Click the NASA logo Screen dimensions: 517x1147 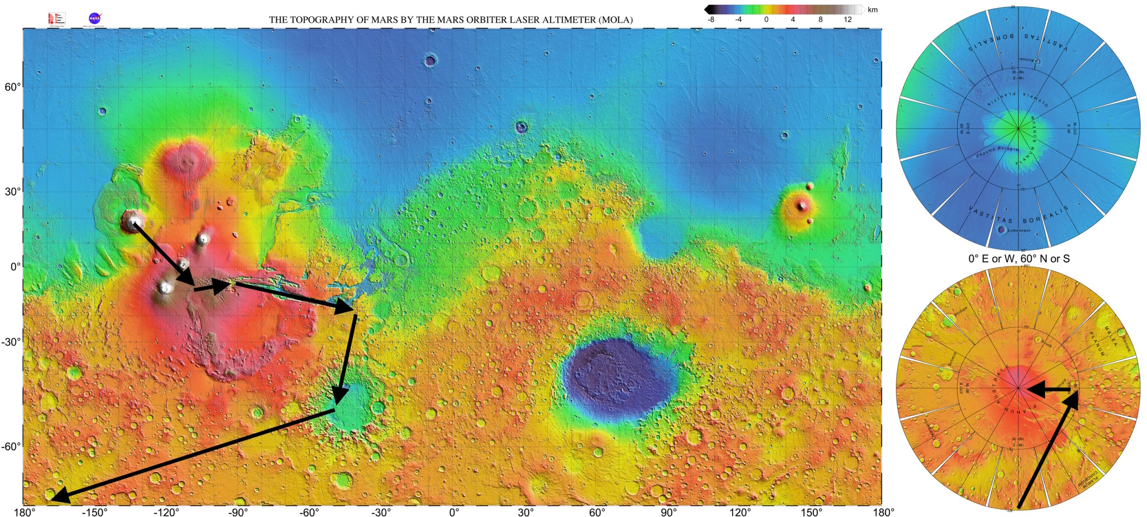(95, 18)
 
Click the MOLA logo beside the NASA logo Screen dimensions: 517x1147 (56, 19)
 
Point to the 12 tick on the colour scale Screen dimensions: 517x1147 (847, 20)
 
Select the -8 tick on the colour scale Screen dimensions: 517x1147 (711, 20)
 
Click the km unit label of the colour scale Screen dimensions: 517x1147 (872, 10)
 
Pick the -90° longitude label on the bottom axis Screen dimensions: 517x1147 (238, 513)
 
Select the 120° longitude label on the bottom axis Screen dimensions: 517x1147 (740, 513)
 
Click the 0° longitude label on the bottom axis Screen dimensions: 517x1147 (454, 513)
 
